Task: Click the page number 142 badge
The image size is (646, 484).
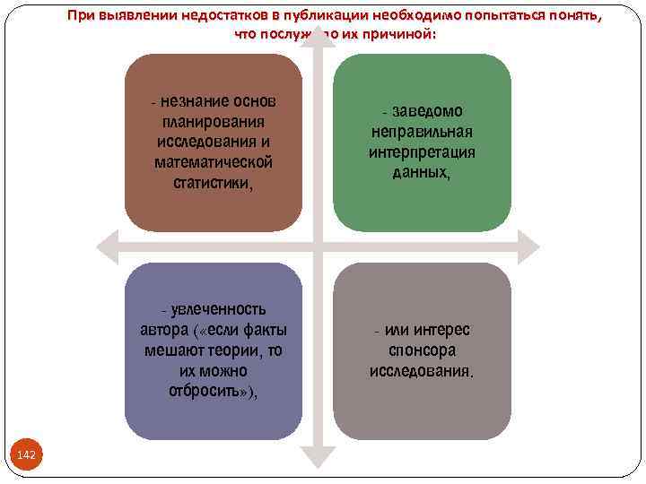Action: point(27,455)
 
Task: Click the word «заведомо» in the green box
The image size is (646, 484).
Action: point(428,111)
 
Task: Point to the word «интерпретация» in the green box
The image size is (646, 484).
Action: point(422,152)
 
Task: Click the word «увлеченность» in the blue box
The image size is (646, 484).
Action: point(220,309)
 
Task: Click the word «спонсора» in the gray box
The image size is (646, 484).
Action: point(422,350)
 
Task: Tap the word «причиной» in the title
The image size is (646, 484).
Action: point(402,35)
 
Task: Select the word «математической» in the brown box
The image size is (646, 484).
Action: point(214,162)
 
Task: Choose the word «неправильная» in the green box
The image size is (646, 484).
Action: point(422,132)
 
